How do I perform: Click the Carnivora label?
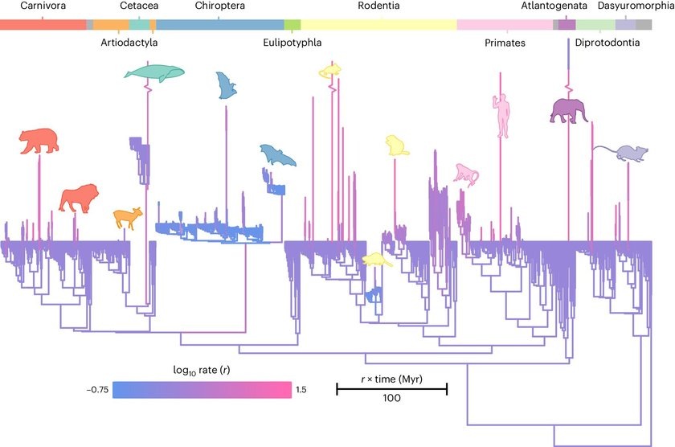pos(32,6)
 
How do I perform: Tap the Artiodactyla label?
pos(129,43)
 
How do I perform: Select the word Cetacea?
pos(138,6)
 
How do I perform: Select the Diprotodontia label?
pos(607,43)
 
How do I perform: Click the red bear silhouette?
pos(39,141)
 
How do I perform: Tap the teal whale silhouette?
pos(154,73)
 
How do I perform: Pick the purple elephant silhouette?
pos(568,111)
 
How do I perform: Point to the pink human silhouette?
pos(501,116)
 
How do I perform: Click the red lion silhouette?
pos(80,198)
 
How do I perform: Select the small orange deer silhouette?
pos(126,217)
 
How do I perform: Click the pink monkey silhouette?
pos(465,174)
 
